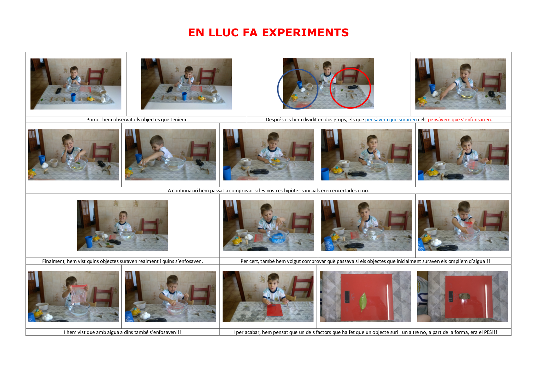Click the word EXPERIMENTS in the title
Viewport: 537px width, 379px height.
[305, 32]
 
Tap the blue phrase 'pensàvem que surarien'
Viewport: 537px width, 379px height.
[391, 119]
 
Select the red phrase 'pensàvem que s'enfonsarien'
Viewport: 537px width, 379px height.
[459, 119]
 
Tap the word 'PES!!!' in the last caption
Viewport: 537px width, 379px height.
[490, 332]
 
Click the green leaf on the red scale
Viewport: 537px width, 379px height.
[363, 302]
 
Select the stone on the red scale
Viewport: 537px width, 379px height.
[464, 296]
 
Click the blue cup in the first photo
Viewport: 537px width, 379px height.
[73, 97]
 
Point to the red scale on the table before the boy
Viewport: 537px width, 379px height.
[275, 310]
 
